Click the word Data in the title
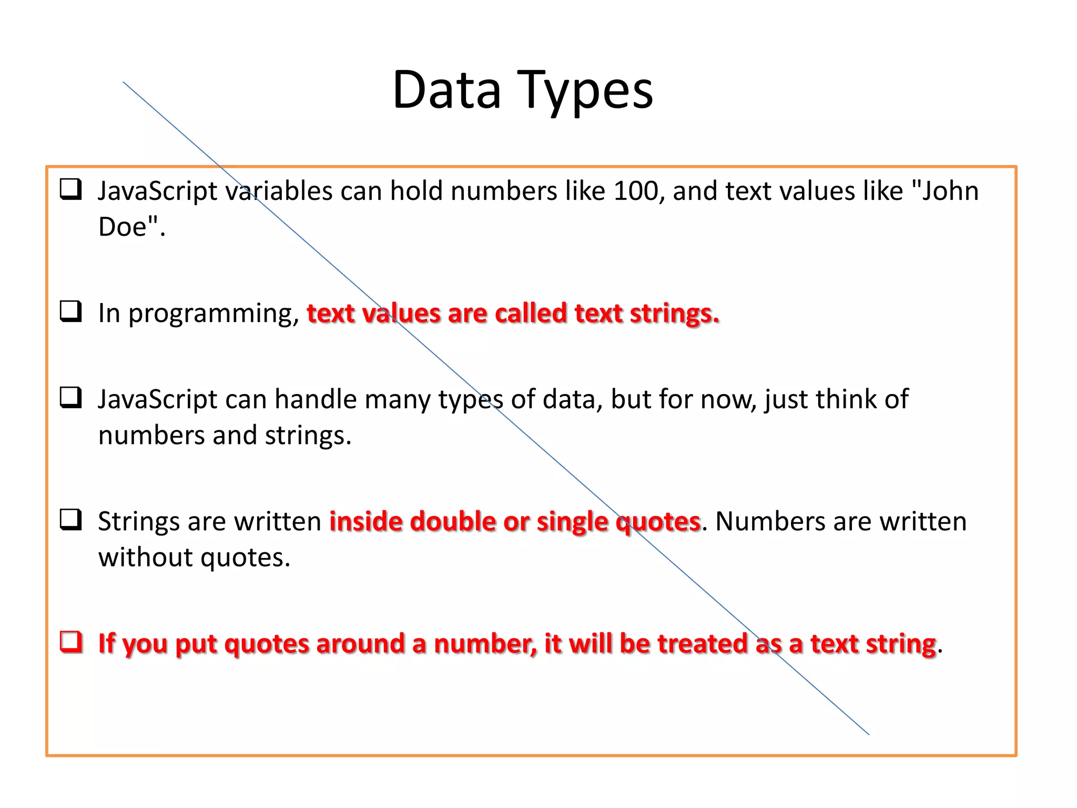tap(446, 90)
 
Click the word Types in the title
tap(585, 90)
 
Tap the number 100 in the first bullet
tap(635, 190)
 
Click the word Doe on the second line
tap(122, 227)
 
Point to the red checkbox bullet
tap(71, 642)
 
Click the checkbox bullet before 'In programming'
tap(71, 311)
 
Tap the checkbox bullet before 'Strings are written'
tap(71, 519)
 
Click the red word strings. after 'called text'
tap(674, 314)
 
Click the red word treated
tap(703, 643)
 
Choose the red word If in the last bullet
tap(107, 643)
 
